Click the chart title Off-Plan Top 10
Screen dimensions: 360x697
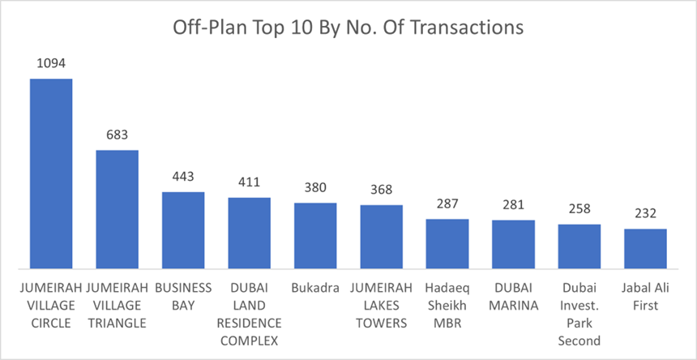coord(348,28)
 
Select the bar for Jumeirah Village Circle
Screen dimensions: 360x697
coord(51,174)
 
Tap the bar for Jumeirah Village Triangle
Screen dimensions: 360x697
coord(118,209)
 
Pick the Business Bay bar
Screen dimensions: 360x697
coord(183,230)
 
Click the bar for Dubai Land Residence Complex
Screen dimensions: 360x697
coord(249,233)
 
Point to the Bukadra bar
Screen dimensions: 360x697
coord(315,235)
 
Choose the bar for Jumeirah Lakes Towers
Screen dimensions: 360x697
coord(382,237)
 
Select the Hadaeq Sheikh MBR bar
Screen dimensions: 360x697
coord(447,243)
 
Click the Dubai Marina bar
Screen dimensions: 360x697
coord(513,244)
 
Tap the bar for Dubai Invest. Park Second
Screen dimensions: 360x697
coord(579,246)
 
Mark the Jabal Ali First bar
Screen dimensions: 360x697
coord(645,248)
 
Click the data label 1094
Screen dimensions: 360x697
coord(51,62)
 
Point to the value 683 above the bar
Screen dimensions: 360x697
coord(118,135)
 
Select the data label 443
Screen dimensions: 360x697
coord(183,177)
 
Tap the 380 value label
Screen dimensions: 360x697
coord(315,187)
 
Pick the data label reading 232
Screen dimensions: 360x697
coord(645,213)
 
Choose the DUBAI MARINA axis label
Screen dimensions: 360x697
coord(513,297)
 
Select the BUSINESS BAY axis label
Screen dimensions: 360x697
coord(183,297)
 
